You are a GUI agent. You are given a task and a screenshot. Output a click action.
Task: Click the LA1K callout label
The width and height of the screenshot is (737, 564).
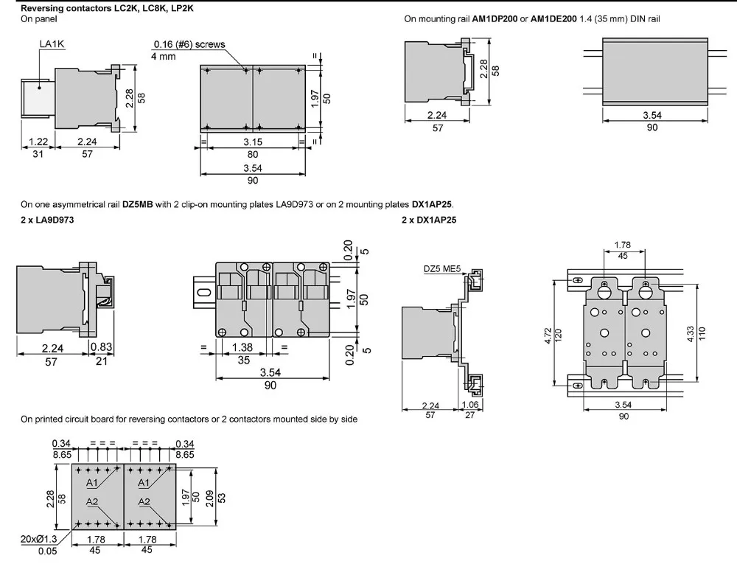tap(52, 44)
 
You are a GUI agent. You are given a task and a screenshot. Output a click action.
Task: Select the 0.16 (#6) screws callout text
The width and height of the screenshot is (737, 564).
tap(189, 44)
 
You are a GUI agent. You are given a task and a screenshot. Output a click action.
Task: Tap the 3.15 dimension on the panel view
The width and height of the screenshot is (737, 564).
tap(252, 142)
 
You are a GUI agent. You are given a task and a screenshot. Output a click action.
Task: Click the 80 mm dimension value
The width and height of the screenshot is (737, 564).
tap(252, 154)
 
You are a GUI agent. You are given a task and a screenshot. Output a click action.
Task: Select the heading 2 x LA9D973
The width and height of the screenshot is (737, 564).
tap(46, 220)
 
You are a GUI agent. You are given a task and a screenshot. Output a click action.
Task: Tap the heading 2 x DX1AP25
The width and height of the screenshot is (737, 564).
tap(429, 220)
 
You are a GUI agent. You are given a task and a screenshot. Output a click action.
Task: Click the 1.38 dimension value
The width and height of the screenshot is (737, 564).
tap(243, 347)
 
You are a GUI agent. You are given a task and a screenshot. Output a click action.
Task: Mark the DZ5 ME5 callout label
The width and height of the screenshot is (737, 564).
tap(442, 269)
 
